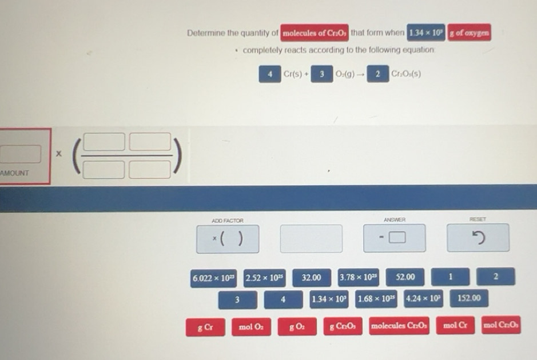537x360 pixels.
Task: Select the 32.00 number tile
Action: pos(311,278)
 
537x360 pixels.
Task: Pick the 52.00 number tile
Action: pos(405,278)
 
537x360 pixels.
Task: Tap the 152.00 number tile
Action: pos(470,298)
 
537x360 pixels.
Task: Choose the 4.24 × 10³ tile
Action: pos(423,298)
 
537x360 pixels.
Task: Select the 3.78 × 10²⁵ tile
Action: pos(358,278)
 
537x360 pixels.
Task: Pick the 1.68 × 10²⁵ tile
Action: pos(376,298)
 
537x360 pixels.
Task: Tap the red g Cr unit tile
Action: pos(205,327)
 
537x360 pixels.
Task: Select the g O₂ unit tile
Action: pos(297,327)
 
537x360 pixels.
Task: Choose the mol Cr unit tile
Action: pos(455,326)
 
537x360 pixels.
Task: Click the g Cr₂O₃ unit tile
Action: pos(343,327)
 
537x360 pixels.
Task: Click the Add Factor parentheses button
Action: pos(227,239)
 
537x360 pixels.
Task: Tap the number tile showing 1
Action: pos(450,278)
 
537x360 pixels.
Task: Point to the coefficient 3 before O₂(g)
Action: pos(322,74)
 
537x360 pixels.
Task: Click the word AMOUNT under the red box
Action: pos(15,173)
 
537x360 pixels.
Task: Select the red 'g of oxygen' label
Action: pos(469,33)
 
